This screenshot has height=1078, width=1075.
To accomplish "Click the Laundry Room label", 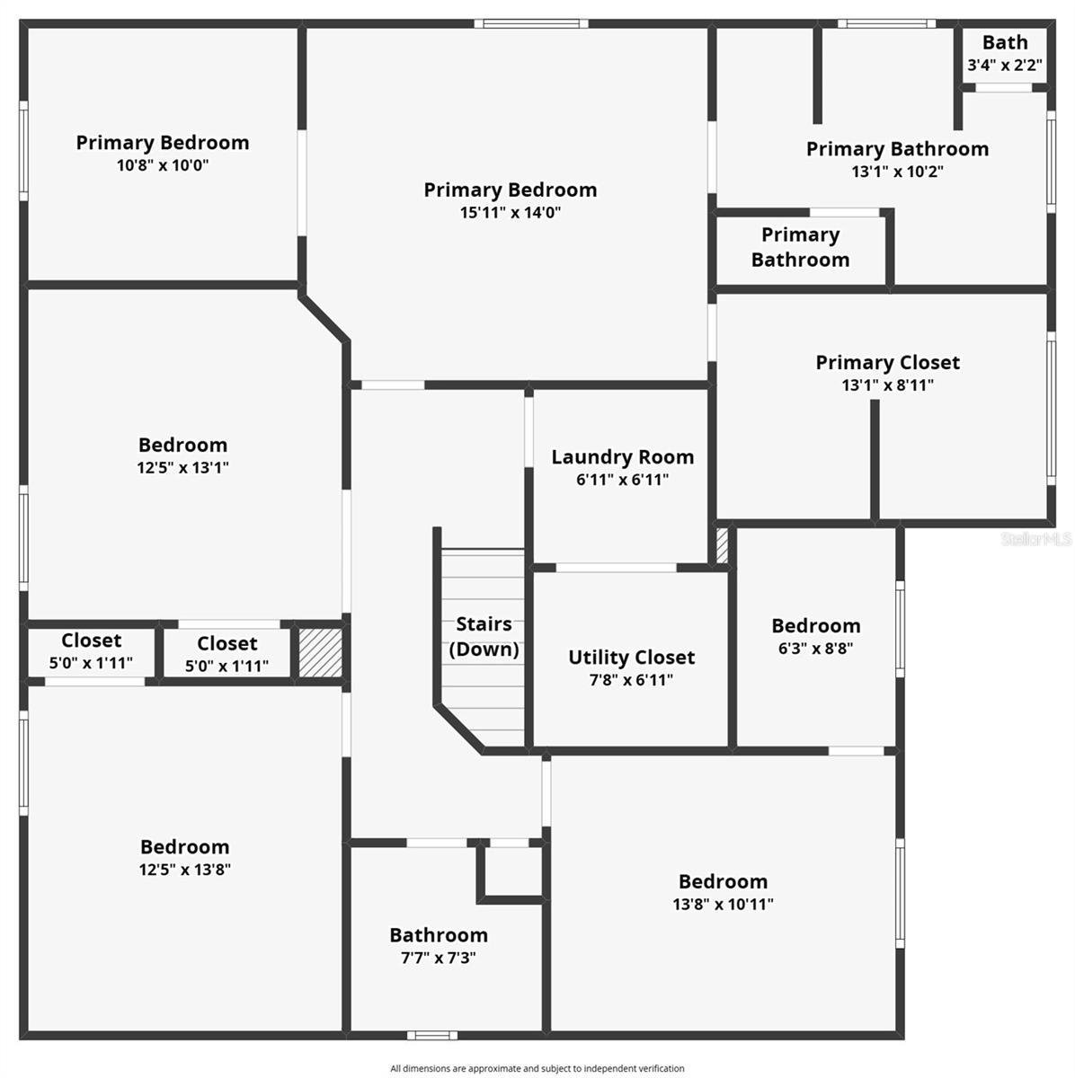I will click(622, 457).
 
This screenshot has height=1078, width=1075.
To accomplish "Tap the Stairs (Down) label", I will click(484, 636).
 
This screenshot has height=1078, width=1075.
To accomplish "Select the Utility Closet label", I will click(631, 658).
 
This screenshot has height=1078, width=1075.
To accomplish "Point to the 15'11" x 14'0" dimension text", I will click(511, 213).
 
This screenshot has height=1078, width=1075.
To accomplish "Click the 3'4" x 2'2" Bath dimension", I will click(1004, 66).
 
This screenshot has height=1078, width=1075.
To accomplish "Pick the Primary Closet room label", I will click(887, 363).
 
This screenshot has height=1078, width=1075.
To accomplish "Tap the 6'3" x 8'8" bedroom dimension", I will click(815, 648).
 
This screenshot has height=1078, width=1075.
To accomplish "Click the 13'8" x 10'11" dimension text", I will click(723, 905).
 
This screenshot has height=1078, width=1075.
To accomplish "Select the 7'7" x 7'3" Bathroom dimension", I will click(438, 958).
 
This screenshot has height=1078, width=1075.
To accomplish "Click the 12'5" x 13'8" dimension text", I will click(184, 870).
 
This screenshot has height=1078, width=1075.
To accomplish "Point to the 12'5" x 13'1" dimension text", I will click(182, 467).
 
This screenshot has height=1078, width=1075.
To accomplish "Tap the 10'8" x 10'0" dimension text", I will click(162, 165).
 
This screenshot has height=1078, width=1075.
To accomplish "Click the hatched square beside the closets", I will click(320, 653).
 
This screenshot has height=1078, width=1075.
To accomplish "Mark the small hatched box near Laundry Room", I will click(722, 546).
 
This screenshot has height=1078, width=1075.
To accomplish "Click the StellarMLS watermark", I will click(1036, 539).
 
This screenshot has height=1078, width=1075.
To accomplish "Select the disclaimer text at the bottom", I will click(537, 1068).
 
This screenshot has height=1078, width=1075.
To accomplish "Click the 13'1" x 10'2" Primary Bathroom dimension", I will click(897, 172).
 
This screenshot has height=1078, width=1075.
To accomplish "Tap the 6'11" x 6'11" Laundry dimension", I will click(622, 480).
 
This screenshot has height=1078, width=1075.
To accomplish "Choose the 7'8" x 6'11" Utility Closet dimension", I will click(631, 680).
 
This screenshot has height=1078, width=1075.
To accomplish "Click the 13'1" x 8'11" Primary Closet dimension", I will click(887, 385).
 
